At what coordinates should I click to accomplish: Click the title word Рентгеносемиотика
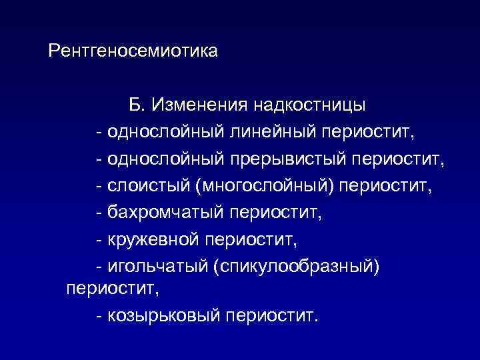coord(133,51)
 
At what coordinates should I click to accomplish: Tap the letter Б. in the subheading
coord(137,105)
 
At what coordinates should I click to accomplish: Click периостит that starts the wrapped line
coord(113,289)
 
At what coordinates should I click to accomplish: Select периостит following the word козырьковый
coord(273,314)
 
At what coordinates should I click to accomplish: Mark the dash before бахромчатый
coord(99,213)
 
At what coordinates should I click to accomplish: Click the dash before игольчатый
coord(99,266)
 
